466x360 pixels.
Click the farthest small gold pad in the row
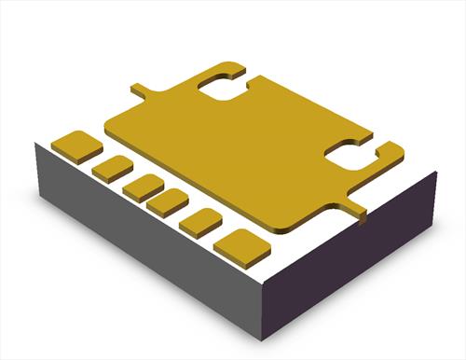(x=76, y=145)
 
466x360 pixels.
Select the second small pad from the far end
(x=112, y=168)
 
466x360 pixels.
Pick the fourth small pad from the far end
(x=168, y=201)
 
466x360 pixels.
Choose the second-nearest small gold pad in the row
(x=199, y=222)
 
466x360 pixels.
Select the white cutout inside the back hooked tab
(x=225, y=86)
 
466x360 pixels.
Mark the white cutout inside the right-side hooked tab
(x=350, y=157)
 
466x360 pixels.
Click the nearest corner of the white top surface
(x=264, y=280)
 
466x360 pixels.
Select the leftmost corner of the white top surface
(x=34, y=143)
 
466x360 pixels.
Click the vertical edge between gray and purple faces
(x=267, y=308)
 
